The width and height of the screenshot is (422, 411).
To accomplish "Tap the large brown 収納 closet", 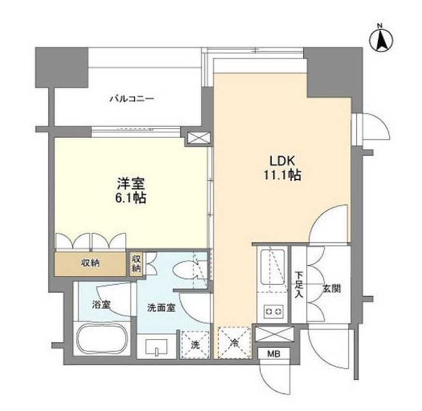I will [x=91, y=264].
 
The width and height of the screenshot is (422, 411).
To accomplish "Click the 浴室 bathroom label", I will [x=101, y=306].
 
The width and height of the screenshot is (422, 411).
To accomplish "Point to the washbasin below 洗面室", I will [x=156, y=346].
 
